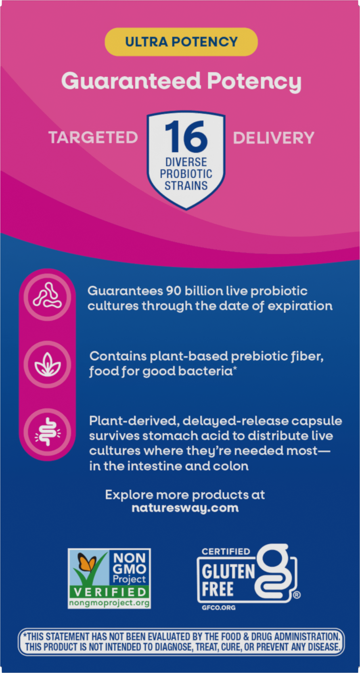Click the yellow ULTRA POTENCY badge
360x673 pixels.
click(x=181, y=42)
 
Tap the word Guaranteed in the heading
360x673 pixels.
click(x=131, y=81)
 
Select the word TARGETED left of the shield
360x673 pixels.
click(x=93, y=137)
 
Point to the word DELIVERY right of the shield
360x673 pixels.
click(x=274, y=138)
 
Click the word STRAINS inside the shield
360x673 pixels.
click(x=186, y=185)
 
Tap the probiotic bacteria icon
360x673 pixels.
click(x=48, y=297)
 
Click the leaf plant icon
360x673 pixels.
click(x=48, y=364)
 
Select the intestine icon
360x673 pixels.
click(x=48, y=432)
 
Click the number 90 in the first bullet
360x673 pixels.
click(x=174, y=291)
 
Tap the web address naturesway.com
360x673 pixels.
click(x=185, y=508)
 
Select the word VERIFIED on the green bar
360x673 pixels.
click(x=110, y=592)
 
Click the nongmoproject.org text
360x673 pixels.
click(x=109, y=603)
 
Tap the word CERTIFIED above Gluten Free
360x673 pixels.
click(x=226, y=552)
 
